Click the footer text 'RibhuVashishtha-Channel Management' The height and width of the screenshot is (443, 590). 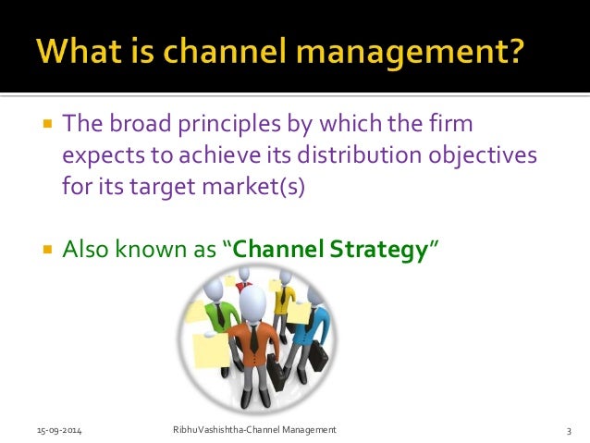coord(255,431)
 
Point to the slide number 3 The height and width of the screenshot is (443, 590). coord(569,431)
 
